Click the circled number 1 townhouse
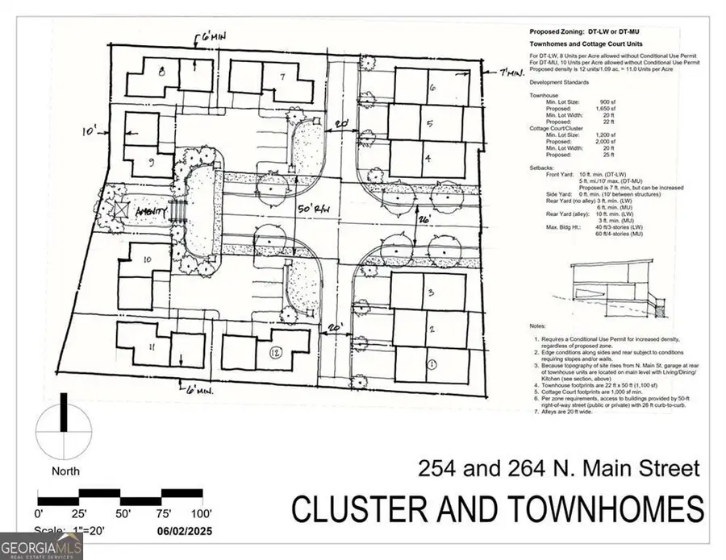[x=432, y=364]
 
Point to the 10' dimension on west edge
[x=89, y=129]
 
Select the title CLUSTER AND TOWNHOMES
[x=497, y=509]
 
